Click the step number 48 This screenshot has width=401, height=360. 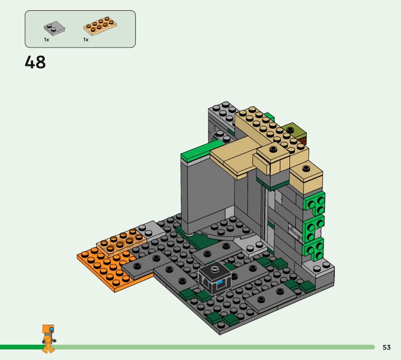coord(35,62)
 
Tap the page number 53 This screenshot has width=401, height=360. coord(386,347)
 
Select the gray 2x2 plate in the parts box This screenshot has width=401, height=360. coord(54,28)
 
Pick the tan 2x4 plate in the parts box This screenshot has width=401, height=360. coord(100,26)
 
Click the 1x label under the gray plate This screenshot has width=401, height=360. coord(46,40)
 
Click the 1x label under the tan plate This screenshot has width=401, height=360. coord(86,40)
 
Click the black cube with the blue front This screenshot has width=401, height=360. coord(215,278)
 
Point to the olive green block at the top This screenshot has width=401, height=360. coord(295,131)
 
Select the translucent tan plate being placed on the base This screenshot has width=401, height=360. coord(121,242)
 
